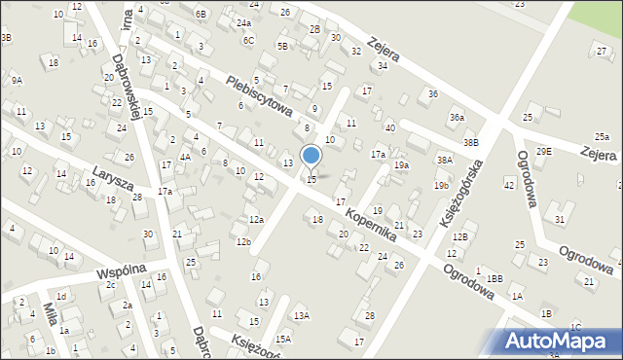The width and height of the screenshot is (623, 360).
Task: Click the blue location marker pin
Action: pos(311,157)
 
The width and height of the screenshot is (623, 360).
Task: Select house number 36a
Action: pos(457,118)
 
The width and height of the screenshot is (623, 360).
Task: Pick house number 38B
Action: pos(471,142)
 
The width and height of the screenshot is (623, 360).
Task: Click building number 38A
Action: pos(445,160)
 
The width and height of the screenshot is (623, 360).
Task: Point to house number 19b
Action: pos(441,185)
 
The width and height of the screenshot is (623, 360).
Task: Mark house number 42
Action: pos(508,185)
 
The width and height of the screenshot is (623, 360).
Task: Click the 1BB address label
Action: pos(495,279)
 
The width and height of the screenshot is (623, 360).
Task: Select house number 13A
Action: pos(302,315)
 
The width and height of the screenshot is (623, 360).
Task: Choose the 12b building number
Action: pos(242,241)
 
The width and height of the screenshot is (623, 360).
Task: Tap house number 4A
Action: pos(185,156)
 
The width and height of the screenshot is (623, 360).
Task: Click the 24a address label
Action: pos(243,22)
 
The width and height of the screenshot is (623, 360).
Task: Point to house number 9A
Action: pos(17,81)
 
